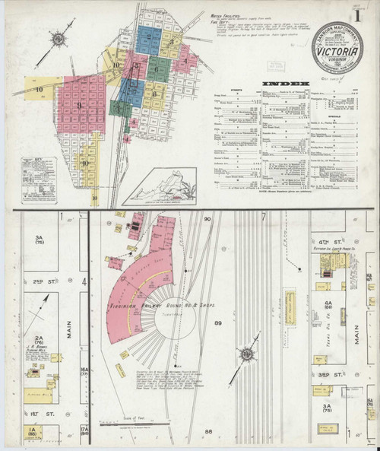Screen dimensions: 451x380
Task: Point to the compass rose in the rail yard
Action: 248,354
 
